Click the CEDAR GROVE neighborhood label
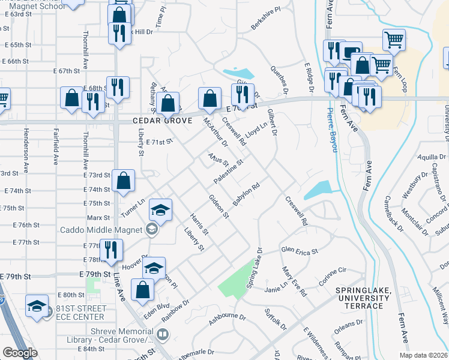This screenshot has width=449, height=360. tap(162, 121)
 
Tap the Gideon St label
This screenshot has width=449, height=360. tap(219, 206)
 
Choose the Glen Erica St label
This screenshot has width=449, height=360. tap(299, 251)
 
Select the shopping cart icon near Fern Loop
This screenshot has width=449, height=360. tap(394, 40)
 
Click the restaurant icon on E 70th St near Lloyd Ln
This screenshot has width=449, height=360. tap(243, 94)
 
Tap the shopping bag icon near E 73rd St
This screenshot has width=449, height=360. tap(123, 180)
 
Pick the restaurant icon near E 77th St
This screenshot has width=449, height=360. tap(111, 249)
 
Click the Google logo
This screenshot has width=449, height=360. tap(20, 353)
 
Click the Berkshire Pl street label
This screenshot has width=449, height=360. tap(266, 19)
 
